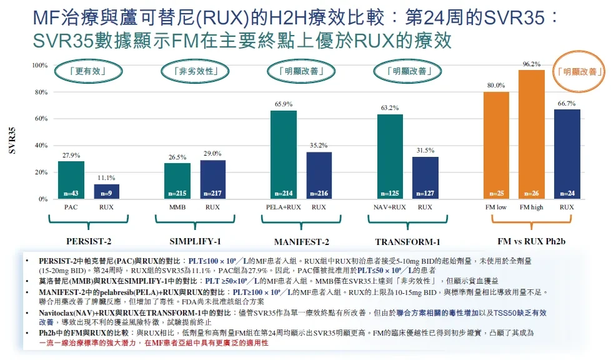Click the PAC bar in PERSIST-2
pos(71,180)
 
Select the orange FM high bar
pos(532,134)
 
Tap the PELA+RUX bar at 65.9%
pos(283,154)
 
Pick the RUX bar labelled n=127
pos(425,178)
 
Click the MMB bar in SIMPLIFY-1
pos(177,181)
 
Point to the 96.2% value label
pos(532,64)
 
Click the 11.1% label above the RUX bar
pos(106,178)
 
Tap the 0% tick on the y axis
pos(43,199)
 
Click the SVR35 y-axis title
pos(12,141)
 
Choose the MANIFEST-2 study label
pos(301,242)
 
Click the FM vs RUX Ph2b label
pos(531,241)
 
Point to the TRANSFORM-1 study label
pos(407,242)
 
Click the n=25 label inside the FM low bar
pos(497,194)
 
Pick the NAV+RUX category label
pos(390,207)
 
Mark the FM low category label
pos(496,207)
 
